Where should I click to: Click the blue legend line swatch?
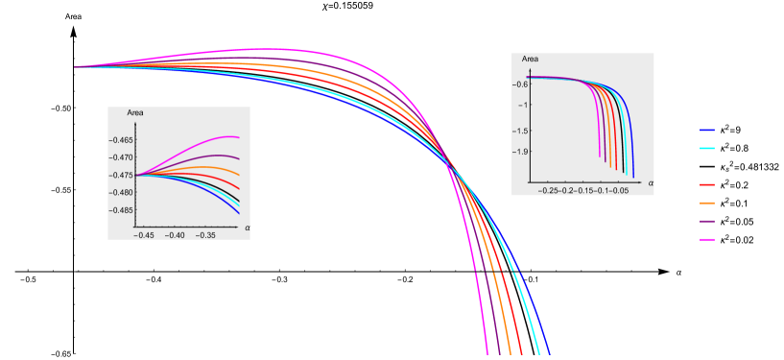[x=708, y=130]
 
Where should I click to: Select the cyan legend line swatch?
[x=708, y=149]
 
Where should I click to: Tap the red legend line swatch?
[x=708, y=184]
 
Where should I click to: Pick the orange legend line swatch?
[x=708, y=203]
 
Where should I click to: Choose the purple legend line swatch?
[x=708, y=221]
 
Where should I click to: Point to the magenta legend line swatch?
[x=708, y=239]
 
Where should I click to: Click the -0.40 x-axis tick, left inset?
[x=175, y=234]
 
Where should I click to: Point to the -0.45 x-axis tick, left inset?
[x=143, y=234]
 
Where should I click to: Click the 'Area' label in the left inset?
[x=135, y=114]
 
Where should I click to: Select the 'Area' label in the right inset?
[x=530, y=60]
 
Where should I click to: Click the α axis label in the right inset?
[x=650, y=181]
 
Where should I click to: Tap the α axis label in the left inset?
[x=246, y=227]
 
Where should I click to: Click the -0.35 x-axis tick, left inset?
[x=205, y=234]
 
